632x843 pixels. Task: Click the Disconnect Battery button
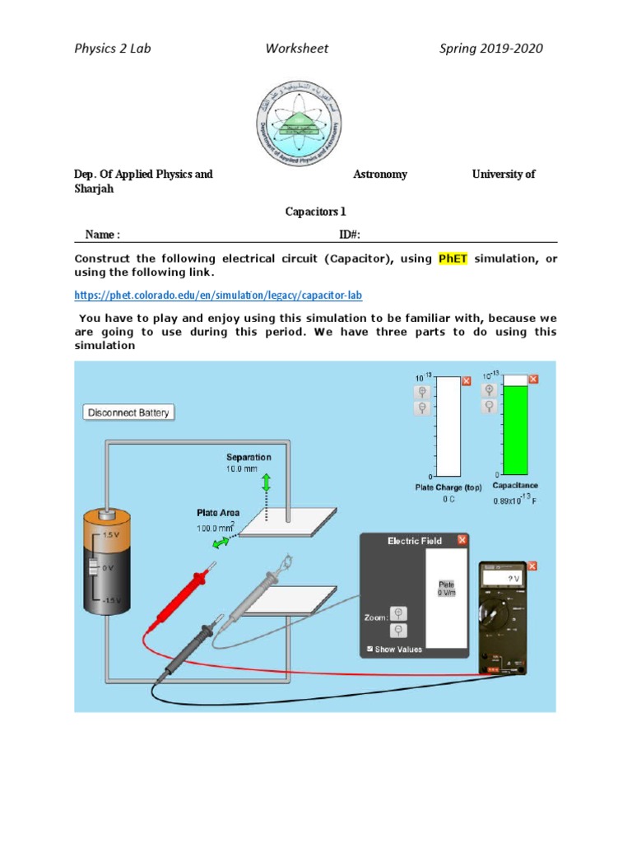pos(129,412)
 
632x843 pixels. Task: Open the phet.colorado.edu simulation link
pos(218,295)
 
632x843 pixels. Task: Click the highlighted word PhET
pos(453,258)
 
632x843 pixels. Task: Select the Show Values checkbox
pos(369,650)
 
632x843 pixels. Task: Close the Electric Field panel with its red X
pos(462,540)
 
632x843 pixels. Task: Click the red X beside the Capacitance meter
pos(533,379)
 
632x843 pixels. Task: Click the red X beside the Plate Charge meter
pos(467,380)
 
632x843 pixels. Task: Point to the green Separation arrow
pos(266,482)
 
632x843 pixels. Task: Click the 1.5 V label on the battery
pos(111,534)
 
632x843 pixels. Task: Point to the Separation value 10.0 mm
pos(244,468)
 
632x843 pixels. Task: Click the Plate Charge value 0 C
pos(448,500)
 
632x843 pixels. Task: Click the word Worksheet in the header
pos(296,48)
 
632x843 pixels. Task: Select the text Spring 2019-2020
pos(491,48)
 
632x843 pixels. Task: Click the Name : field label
pos(103,235)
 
